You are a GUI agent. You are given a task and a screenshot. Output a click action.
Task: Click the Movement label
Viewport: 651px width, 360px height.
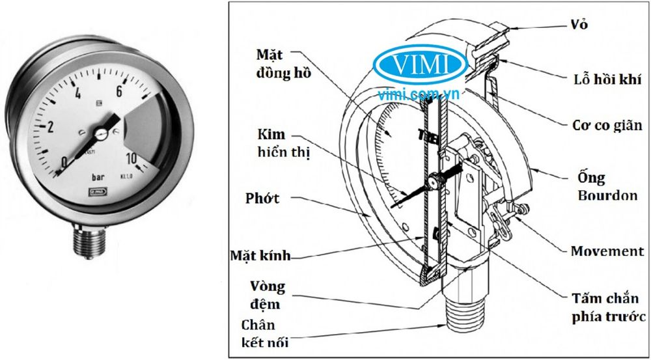[x=607, y=251]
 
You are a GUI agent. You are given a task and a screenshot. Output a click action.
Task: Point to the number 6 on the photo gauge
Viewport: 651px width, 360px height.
[x=119, y=92]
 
